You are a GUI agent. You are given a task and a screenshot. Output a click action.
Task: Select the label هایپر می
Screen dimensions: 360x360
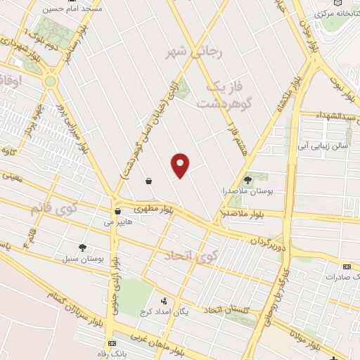click(117, 221)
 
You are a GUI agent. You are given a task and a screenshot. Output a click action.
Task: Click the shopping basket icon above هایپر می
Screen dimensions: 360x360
click(117, 210)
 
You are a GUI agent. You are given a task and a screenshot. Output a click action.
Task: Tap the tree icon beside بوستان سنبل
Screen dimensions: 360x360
click(83, 247)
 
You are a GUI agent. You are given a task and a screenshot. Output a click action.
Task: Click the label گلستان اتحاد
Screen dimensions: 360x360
click(227, 310)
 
